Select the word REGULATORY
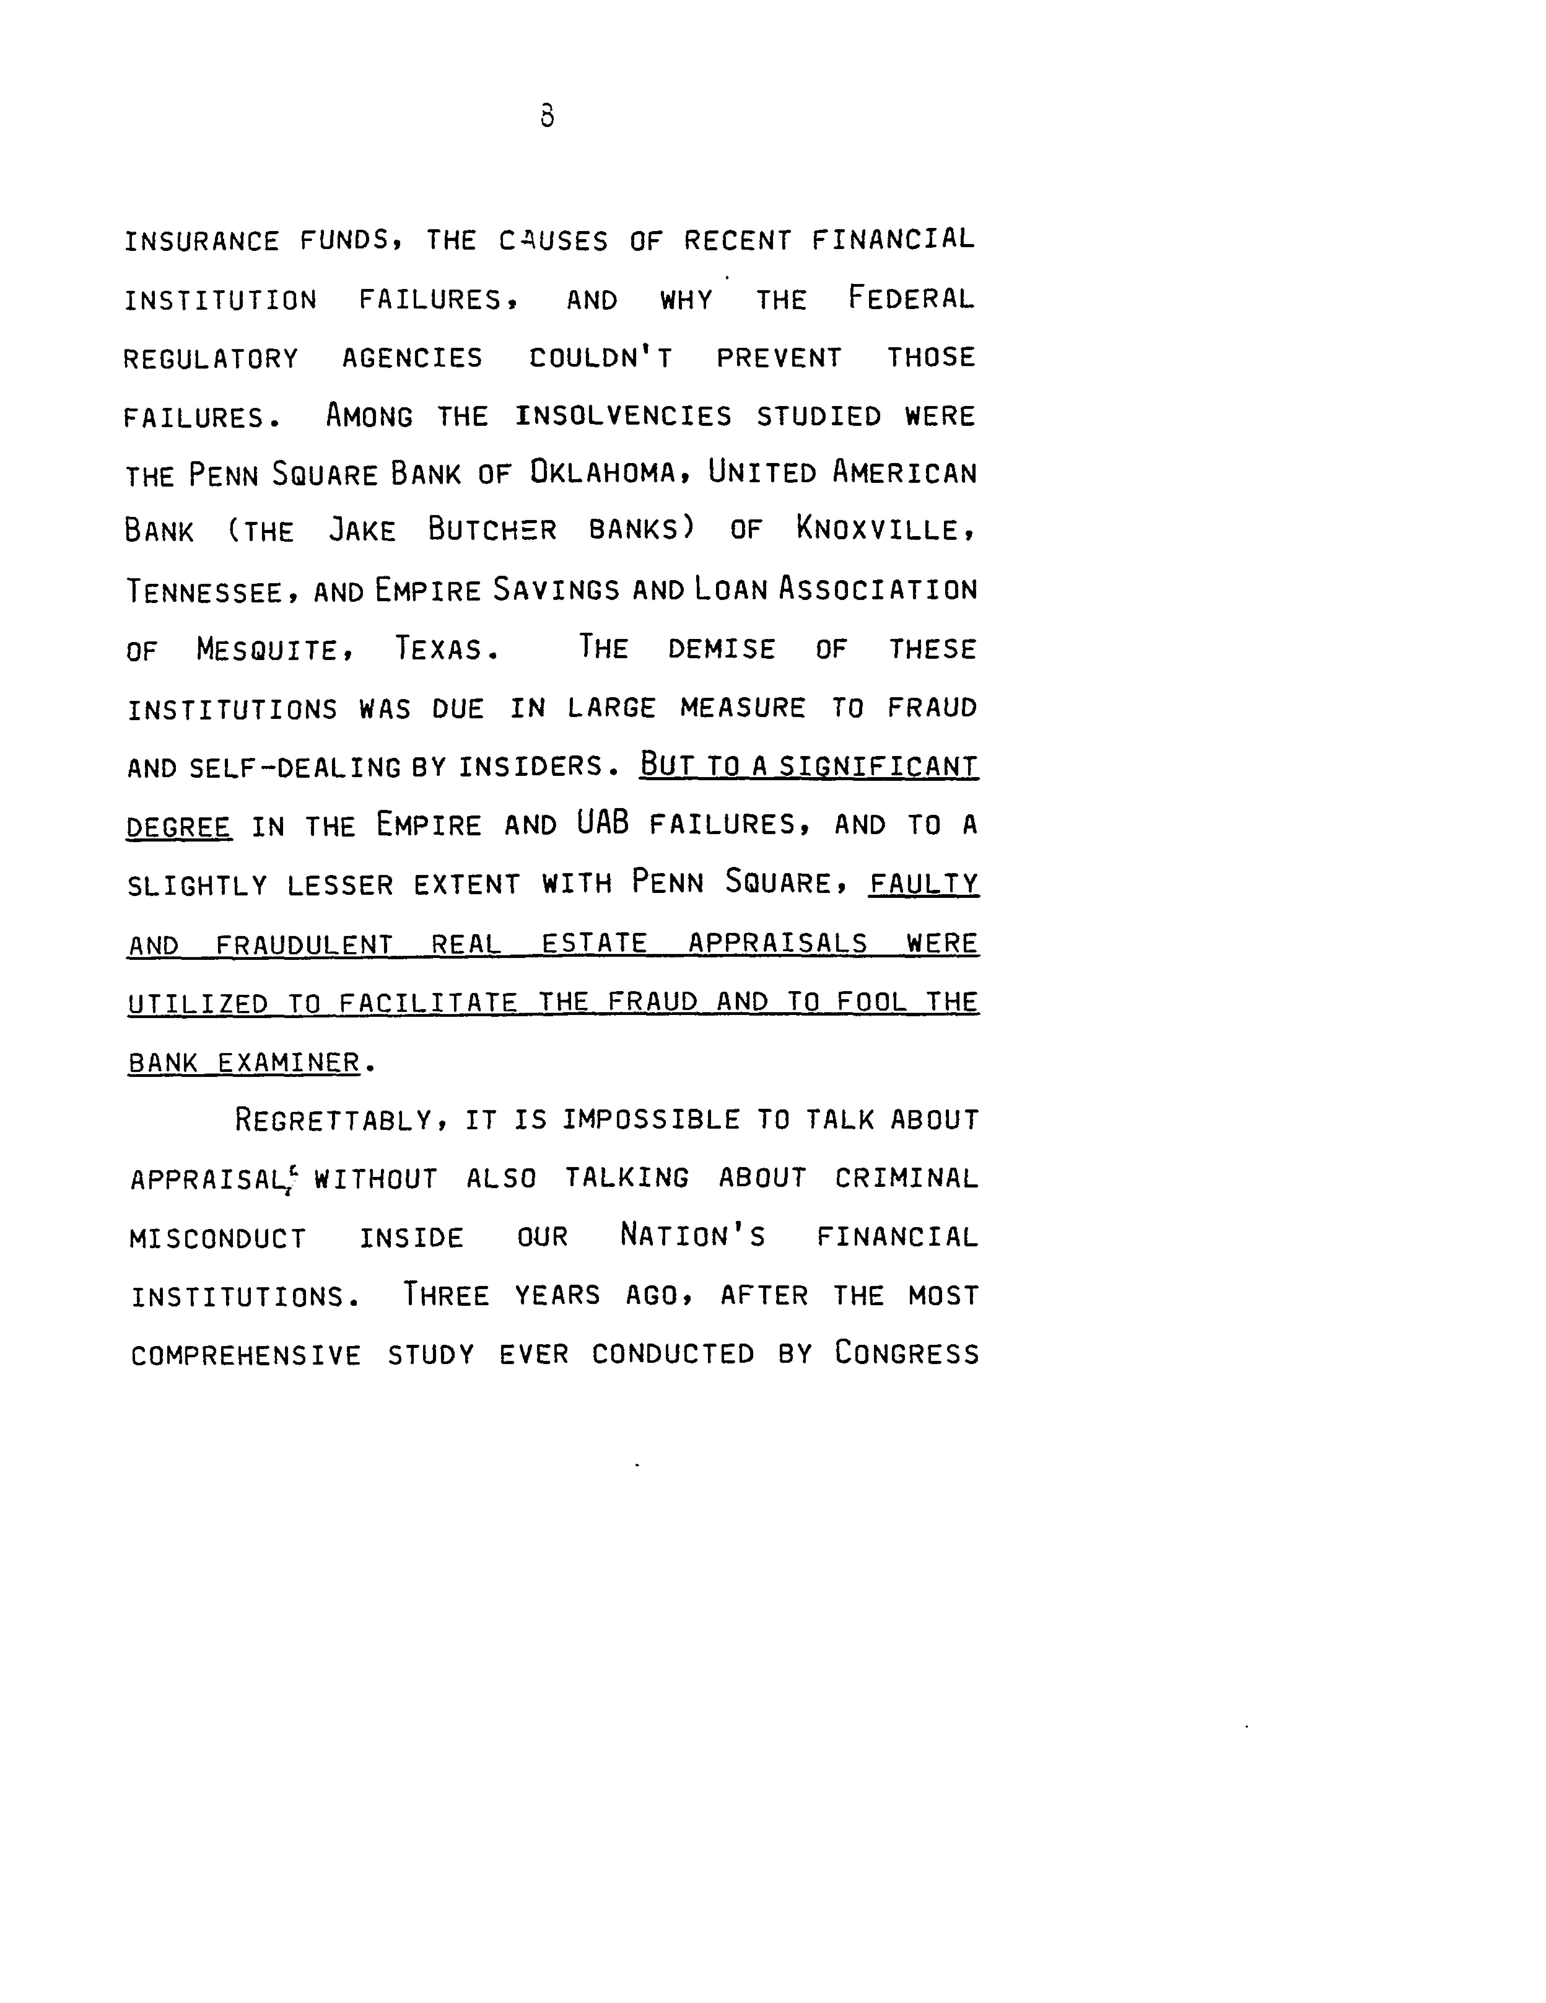(x=211, y=359)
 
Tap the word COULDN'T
(x=600, y=358)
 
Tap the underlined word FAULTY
(x=924, y=884)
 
